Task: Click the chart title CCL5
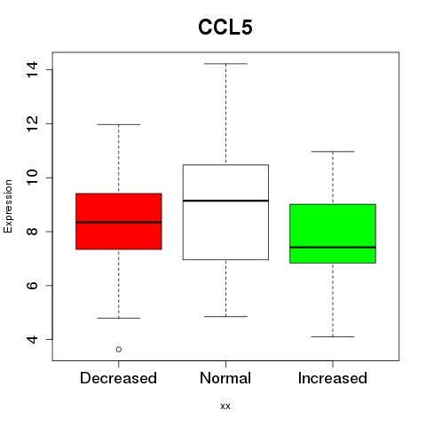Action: click(225, 28)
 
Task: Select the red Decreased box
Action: click(119, 221)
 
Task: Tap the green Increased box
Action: click(333, 233)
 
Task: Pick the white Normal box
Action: click(225, 212)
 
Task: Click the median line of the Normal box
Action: click(225, 201)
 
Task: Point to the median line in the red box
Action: click(119, 222)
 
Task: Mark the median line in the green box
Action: click(333, 247)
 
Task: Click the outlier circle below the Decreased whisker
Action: click(119, 350)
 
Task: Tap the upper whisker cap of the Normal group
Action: click(225, 64)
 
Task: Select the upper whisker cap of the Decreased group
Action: click(119, 124)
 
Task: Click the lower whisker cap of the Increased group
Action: click(333, 336)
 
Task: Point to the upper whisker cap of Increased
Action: click(333, 152)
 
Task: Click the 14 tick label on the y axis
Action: click(32, 69)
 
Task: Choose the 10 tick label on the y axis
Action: click(32, 177)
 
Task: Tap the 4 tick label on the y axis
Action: click(32, 339)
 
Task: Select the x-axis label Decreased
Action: click(118, 378)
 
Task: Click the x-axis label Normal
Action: click(225, 378)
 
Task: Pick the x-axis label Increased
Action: click(333, 378)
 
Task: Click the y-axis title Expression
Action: click(8, 206)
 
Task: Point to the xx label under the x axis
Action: click(225, 406)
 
